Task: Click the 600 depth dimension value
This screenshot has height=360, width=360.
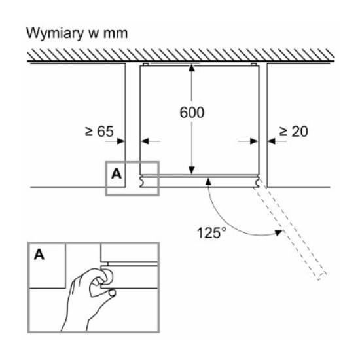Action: [192, 113]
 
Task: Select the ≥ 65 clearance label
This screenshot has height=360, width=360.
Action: [99, 132]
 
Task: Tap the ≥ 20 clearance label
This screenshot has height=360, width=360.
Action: [293, 132]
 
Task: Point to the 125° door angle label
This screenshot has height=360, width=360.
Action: [211, 233]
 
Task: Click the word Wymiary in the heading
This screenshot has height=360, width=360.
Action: [55, 33]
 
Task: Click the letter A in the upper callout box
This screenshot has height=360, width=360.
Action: [116, 174]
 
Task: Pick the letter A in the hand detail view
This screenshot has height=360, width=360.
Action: [39, 255]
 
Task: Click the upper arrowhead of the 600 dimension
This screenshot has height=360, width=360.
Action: [192, 68]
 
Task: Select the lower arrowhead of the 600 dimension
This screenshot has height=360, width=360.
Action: [192, 171]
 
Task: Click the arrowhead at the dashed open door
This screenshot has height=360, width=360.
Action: [279, 232]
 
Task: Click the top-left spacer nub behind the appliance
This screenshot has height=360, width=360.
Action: [146, 64]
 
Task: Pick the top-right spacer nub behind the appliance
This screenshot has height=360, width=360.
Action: [253, 64]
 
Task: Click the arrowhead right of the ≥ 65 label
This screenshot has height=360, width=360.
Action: [121, 141]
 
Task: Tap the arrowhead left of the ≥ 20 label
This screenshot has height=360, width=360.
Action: [272, 141]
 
